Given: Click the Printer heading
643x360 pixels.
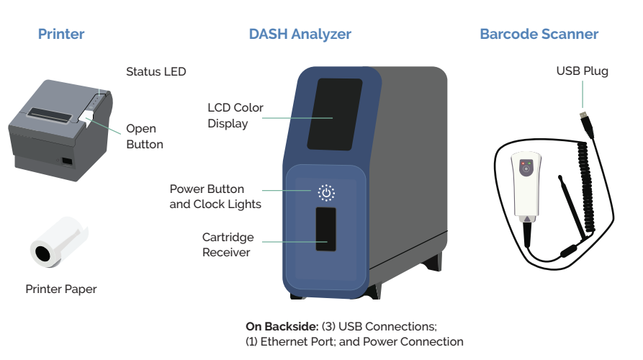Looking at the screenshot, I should tap(61, 34).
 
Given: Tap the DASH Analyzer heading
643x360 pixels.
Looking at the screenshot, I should tap(300, 34).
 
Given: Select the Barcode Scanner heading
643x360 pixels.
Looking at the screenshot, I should tap(539, 34).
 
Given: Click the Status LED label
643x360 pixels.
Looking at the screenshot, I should tap(156, 71).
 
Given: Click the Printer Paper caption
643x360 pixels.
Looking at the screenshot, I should tap(61, 289).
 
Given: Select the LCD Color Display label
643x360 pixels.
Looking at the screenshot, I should tap(235, 115).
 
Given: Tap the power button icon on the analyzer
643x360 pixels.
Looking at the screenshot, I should tap(326, 192).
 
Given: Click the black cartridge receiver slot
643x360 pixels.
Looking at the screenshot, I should tap(325, 229).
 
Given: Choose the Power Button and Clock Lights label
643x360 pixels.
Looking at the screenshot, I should tap(215, 197).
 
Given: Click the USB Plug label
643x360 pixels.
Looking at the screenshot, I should tap(582, 71).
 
